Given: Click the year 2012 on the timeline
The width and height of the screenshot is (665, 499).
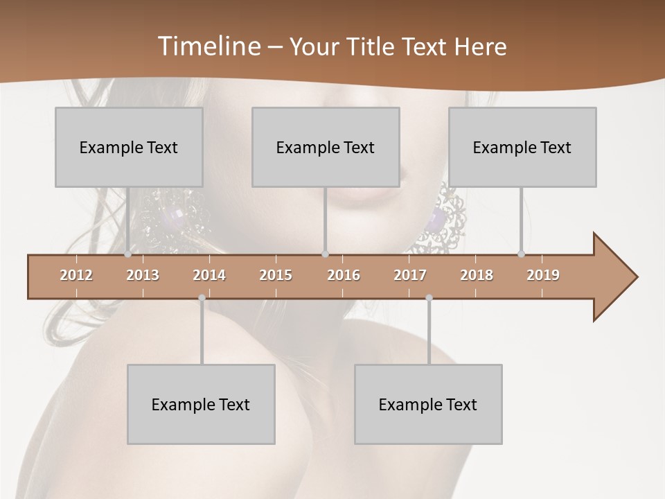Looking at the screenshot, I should (x=76, y=275).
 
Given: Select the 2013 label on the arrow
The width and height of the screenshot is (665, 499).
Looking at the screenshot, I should (x=143, y=275).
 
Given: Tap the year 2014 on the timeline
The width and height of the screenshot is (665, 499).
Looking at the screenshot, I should (x=209, y=275).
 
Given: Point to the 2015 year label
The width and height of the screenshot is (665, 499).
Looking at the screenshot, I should (x=276, y=275).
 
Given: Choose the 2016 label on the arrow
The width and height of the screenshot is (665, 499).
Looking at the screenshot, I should (x=344, y=275).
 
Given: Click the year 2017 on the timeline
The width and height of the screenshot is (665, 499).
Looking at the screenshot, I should (x=410, y=275).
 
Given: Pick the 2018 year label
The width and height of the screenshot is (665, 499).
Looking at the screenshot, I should (x=477, y=275).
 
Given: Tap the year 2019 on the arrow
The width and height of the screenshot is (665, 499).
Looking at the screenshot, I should (x=543, y=275).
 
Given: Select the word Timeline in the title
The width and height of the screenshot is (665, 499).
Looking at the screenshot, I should (x=207, y=46).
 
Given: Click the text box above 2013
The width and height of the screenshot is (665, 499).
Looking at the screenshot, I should (x=129, y=147).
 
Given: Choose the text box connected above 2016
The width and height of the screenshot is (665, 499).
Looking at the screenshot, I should (x=326, y=147).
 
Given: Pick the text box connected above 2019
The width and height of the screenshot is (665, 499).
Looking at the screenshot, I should (x=522, y=147).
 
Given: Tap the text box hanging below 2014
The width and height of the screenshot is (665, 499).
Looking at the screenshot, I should (x=201, y=404).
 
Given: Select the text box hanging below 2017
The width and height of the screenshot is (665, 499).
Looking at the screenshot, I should (x=428, y=404).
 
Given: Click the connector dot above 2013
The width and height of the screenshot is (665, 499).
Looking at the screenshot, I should (x=128, y=254).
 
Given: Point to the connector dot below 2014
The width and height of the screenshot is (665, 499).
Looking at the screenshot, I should (x=202, y=298).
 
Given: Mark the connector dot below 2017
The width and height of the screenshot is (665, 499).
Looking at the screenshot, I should (x=429, y=298).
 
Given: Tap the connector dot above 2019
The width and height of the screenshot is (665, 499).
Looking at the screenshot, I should (x=522, y=254).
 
